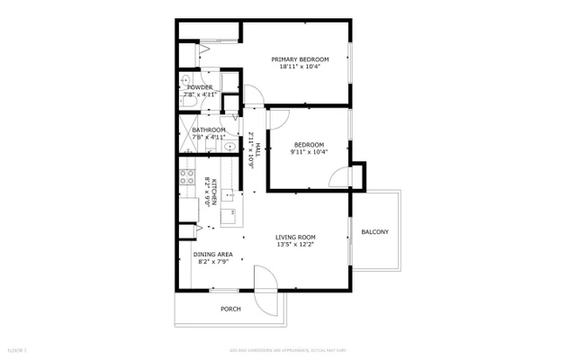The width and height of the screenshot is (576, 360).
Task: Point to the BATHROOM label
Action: click(x=208, y=130)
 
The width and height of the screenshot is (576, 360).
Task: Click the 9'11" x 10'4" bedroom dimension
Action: click(x=309, y=151)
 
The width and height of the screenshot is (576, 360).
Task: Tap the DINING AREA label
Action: click(x=213, y=254)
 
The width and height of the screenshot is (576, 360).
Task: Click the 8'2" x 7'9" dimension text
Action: click(x=213, y=262)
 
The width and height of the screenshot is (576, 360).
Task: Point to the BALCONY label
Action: click(x=375, y=232)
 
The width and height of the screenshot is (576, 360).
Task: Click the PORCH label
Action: click(x=231, y=309)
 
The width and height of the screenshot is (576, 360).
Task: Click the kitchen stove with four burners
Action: click(x=188, y=178)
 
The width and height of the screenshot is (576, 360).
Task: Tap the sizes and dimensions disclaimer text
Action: click(x=287, y=348)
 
